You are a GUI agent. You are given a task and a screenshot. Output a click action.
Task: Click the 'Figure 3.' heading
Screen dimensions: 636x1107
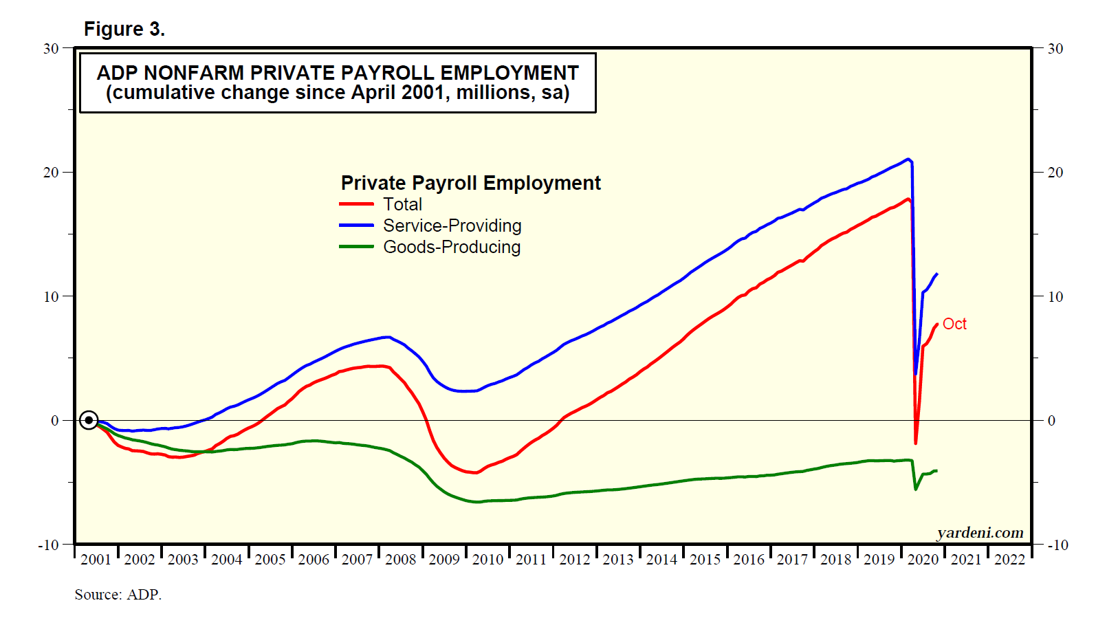124,29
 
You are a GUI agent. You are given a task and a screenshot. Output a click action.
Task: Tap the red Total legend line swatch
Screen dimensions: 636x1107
356,204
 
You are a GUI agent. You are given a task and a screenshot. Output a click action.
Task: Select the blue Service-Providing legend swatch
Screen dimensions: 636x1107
356,226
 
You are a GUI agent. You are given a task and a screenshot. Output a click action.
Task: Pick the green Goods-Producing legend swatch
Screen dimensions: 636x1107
356,247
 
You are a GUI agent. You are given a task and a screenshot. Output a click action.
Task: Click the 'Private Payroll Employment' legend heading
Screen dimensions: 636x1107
470,183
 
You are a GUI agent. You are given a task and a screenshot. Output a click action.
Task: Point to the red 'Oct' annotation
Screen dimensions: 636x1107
954,324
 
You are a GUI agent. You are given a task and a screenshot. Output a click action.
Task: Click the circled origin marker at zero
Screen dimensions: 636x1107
89,420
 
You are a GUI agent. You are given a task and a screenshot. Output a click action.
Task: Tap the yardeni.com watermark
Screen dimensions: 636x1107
980,533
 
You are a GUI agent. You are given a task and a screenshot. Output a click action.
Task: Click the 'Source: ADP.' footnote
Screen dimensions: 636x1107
118,595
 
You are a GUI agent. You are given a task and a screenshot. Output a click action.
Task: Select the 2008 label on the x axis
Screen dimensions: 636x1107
400,560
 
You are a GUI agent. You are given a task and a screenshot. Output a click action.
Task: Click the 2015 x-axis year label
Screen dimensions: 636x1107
705,560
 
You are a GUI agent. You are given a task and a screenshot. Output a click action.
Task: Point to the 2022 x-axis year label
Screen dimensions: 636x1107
1009,560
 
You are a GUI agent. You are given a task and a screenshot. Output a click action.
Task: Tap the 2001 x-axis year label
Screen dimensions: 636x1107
96,560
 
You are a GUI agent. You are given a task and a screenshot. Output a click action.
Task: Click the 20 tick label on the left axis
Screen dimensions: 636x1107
51,173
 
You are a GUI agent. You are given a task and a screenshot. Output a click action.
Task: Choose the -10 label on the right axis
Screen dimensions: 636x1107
1057,545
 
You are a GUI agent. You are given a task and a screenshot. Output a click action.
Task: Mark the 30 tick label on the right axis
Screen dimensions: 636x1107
1055,49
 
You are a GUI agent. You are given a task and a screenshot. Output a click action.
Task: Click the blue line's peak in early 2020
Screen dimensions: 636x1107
908,160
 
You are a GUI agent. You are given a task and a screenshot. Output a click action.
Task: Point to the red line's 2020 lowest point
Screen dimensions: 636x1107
915,443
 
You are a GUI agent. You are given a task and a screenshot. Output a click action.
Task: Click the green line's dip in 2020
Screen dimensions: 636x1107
915,489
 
